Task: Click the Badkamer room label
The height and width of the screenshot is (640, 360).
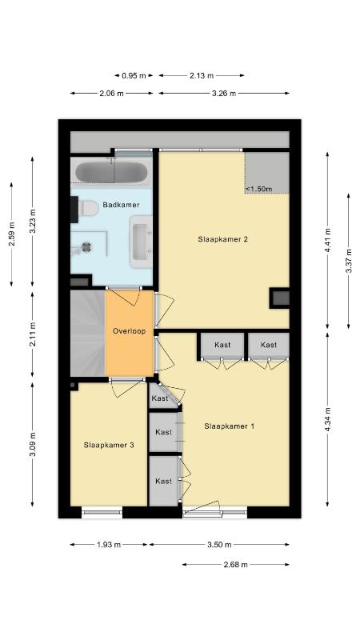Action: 121,205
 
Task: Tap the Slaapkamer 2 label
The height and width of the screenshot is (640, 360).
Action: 223,239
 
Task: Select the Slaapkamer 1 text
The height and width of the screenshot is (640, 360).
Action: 230,426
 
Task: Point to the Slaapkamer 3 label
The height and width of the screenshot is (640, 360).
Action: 109,445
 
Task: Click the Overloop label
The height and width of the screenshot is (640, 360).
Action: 129,331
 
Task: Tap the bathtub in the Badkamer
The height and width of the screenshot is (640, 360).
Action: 111,172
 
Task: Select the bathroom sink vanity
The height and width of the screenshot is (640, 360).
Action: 142,242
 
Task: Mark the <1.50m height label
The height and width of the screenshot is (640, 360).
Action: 258,189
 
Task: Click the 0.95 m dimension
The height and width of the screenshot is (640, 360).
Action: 134,75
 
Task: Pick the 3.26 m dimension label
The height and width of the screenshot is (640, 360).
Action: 224,93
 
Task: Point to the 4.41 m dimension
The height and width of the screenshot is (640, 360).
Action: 327,240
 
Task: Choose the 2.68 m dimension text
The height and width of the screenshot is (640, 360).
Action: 235,565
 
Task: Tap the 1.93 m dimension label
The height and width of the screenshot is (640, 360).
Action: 109,545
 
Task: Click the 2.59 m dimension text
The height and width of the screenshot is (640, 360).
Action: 11,234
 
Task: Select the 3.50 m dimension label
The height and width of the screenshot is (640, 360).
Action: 219,545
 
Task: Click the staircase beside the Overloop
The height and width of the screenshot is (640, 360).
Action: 88,333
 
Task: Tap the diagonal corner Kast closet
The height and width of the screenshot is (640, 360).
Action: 162,397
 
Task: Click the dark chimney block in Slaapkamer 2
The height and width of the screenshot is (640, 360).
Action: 280,298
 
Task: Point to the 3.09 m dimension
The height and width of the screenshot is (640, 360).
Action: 33,444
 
